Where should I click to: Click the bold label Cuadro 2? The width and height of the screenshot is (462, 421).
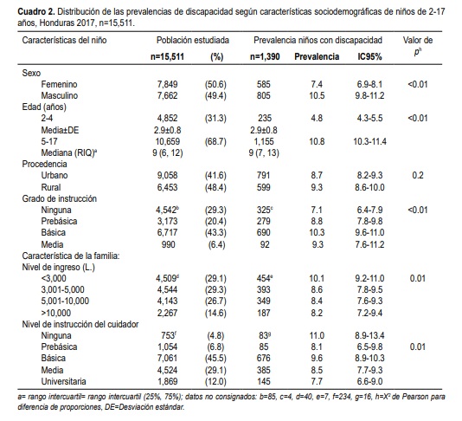[x=36, y=12]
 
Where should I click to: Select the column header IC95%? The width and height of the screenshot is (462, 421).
[x=369, y=56]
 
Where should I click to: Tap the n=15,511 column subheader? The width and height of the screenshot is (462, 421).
[x=167, y=56]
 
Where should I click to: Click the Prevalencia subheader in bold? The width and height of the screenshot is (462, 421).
[x=317, y=56]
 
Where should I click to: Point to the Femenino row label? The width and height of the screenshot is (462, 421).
[x=59, y=84]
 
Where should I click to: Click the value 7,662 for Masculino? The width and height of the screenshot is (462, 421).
[x=167, y=95]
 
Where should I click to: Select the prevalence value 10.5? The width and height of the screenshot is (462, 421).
[x=317, y=95]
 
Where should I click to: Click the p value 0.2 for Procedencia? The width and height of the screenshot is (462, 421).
[x=418, y=175]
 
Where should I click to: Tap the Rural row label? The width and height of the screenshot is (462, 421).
[x=51, y=187]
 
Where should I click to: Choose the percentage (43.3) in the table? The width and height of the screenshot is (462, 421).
[x=215, y=232]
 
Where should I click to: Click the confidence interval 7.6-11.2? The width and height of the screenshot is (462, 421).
[x=369, y=244]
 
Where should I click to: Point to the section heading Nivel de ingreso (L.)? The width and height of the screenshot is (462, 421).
[x=58, y=268]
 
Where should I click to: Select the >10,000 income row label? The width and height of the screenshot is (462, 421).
[x=56, y=313]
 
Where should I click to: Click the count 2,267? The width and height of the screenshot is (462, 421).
[x=167, y=313]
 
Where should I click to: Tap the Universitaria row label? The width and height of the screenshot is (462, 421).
[x=63, y=381]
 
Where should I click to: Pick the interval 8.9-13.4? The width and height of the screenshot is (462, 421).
[x=369, y=335]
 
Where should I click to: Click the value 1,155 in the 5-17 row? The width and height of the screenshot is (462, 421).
[x=264, y=141]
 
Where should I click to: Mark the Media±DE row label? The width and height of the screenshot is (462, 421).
[x=60, y=130]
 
